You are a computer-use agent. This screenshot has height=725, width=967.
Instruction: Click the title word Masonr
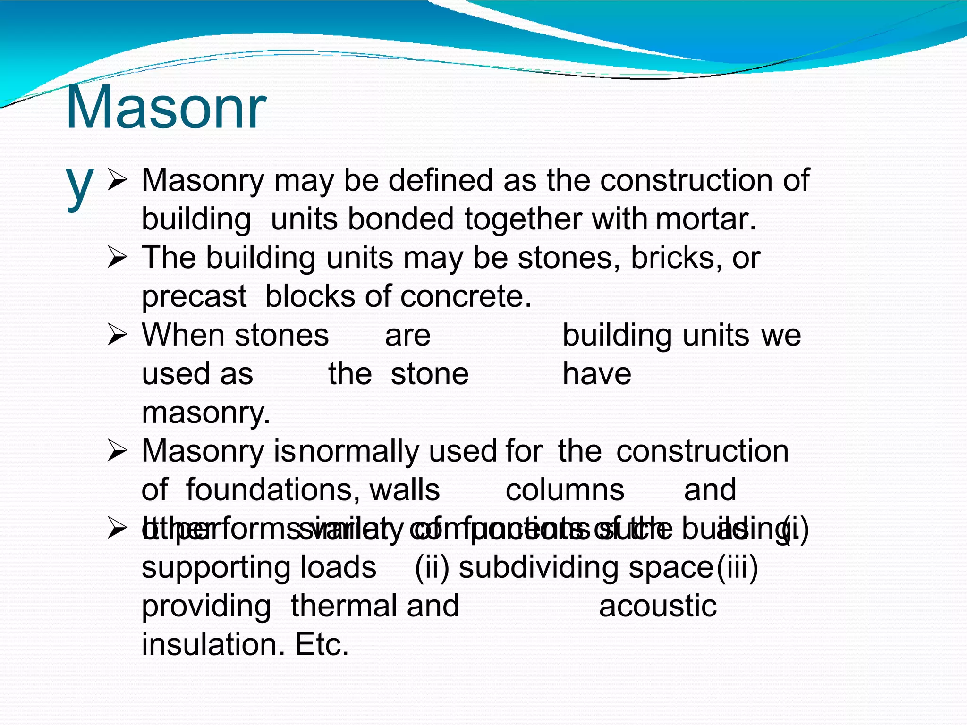(x=166, y=108)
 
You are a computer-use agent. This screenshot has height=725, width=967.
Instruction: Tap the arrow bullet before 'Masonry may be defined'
(x=117, y=181)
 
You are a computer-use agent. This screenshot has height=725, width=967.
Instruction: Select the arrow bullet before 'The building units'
(x=117, y=258)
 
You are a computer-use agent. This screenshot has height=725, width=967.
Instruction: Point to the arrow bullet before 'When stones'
(x=117, y=336)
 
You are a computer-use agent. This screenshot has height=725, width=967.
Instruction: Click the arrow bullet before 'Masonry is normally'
(x=117, y=452)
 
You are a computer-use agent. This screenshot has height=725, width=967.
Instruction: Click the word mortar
(x=705, y=220)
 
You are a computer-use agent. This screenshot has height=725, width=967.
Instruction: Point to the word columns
(x=565, y=490)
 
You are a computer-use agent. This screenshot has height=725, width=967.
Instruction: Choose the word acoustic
(x=658, y=606)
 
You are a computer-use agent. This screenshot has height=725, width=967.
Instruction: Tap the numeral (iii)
(x=737, y=568)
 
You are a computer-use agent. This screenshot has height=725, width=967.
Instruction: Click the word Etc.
(x=322, y=645)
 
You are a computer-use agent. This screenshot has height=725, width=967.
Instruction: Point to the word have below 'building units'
(x=597, y=374)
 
